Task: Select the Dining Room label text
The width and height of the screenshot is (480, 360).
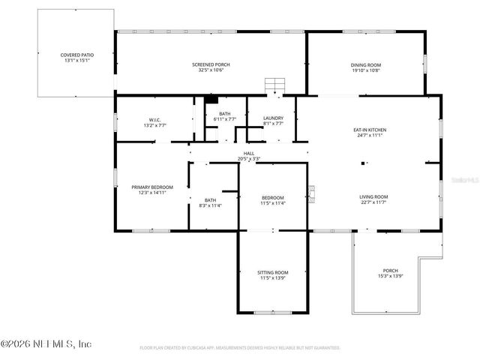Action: pos(366,64)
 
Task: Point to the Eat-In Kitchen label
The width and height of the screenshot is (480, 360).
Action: pos(370,130)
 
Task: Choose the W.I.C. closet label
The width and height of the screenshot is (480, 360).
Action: pos(155,119)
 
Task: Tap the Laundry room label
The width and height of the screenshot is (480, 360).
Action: pos(273,119)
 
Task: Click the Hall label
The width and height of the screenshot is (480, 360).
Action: pos(248,153)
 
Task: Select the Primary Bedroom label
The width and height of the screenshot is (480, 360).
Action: pos(152,187)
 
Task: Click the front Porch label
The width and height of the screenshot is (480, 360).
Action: pos(390,271)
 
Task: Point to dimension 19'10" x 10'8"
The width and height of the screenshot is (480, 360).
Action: pos(366,70)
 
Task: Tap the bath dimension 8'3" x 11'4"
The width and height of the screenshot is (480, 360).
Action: pos(210,205)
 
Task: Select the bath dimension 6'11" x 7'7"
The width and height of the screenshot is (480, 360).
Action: pos(224,118)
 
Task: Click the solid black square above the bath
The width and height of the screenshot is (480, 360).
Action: pos(211,98)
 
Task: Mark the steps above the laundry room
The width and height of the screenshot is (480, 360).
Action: pos(274,87)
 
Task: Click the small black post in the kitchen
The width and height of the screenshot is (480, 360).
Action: pos(364,163)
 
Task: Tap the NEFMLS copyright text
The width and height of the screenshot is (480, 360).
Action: pos(46,344)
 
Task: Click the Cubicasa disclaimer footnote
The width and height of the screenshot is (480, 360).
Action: pos(240,348)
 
